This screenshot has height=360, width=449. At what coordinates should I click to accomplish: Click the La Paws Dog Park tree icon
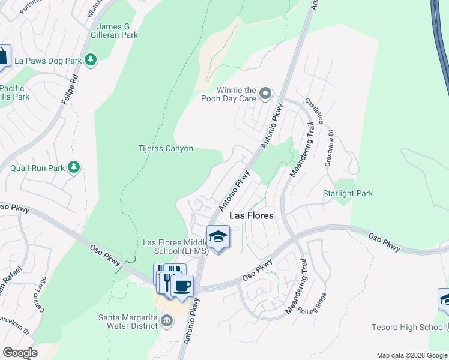pos(91,59)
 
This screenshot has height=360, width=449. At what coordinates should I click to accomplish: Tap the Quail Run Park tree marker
pos(74,167)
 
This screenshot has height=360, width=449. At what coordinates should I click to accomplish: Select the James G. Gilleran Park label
pos(118,31)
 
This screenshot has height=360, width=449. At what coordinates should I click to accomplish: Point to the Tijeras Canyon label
pos(166,148)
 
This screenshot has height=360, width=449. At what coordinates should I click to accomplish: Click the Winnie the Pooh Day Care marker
pos(265,94)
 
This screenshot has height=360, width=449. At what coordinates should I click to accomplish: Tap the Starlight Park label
pos(348,193)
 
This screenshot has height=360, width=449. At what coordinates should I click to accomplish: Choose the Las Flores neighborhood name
pos(252,215)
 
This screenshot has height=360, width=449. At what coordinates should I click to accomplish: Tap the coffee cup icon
pos(182,285)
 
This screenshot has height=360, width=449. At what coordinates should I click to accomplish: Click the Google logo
pos(20,352)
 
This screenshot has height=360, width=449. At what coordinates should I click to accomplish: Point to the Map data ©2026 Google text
pos(411,355)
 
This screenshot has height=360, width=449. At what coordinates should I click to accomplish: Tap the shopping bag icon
pos(3,57)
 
